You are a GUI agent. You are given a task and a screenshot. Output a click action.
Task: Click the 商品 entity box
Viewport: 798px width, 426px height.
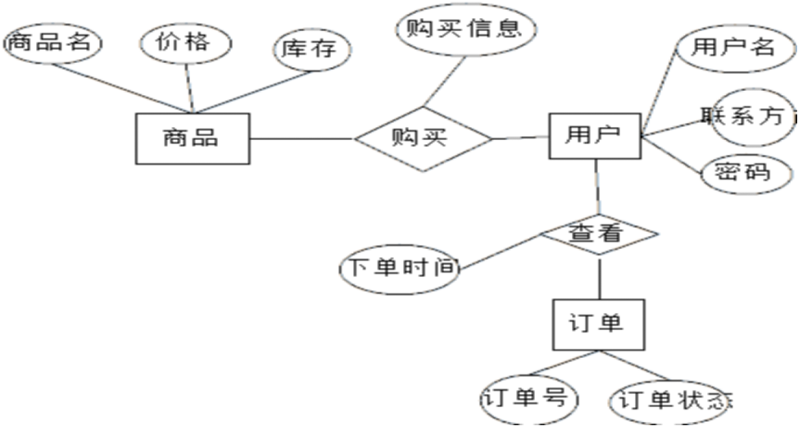click(191, 138)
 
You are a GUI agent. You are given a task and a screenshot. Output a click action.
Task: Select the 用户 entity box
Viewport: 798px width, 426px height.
click(593, 135)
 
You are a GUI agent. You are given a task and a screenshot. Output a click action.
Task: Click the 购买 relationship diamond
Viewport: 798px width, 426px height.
click(423, 138)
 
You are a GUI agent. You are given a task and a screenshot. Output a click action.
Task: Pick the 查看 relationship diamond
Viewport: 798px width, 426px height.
click(599, 234)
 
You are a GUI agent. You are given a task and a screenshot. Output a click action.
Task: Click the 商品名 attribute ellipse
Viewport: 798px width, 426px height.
click(51, 43)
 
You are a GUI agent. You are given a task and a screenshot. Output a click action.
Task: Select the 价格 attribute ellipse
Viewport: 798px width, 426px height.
click(186, 43)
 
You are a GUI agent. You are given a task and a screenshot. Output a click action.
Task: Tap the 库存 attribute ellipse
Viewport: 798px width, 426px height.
click(310, 49)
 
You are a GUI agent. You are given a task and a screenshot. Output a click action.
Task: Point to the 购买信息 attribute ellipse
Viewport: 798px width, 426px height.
click(465, 29)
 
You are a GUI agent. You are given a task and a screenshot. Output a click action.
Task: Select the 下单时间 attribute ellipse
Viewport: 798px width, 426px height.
click(400, 268)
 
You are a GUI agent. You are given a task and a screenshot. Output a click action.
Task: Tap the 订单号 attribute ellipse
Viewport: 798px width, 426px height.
click(528, 399)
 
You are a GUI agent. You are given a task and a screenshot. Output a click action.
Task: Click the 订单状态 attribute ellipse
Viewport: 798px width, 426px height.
click(670, 401)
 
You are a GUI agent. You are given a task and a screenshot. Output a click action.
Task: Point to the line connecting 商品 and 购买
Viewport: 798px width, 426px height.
click(302, 138)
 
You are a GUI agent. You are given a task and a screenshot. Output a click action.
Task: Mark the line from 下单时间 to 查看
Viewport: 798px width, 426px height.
click(500, 252)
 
